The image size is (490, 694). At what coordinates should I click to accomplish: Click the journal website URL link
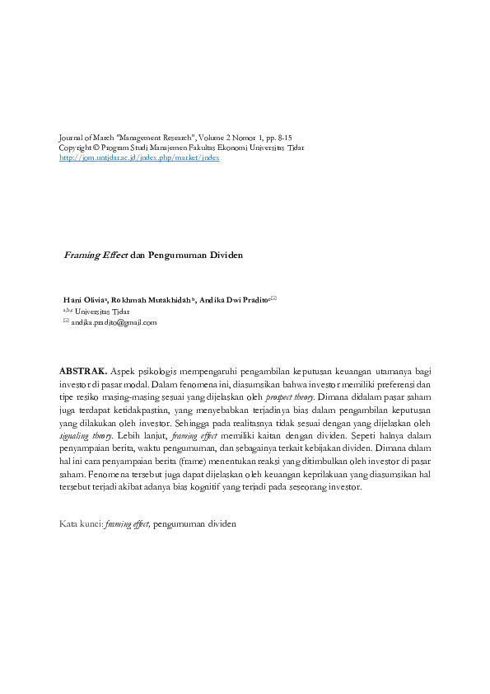pos(140,158)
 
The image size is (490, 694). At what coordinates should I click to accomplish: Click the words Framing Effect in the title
pos(96,255)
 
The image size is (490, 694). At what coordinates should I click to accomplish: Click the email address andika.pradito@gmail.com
pos(114,323)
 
